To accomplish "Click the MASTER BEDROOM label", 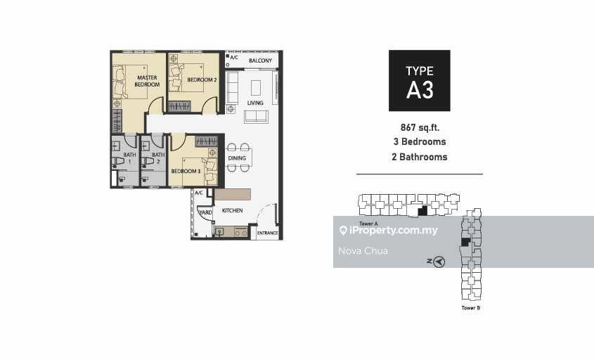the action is (147, 81).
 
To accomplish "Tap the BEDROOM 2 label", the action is (202, 80).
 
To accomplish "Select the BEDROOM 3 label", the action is (186, 172).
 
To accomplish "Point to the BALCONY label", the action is (260, 60).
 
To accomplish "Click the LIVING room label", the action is (255, 103).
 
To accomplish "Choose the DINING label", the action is (237, 158).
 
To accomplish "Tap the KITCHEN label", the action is (232, 210).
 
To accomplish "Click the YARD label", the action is (205, 212).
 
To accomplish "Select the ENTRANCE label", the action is (267, 233).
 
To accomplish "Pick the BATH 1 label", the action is (129, 157).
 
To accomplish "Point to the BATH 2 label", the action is (158, 157).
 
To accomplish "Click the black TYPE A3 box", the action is (420, 81).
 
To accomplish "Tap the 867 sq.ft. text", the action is (420, 128).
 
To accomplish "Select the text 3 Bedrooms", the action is (420, 142).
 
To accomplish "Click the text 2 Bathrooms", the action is (420, 157).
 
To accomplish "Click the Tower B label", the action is (470, 308).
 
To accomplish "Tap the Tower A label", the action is (368, 224).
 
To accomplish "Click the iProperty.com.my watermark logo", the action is (389, 231).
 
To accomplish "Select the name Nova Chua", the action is (363, 251).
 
